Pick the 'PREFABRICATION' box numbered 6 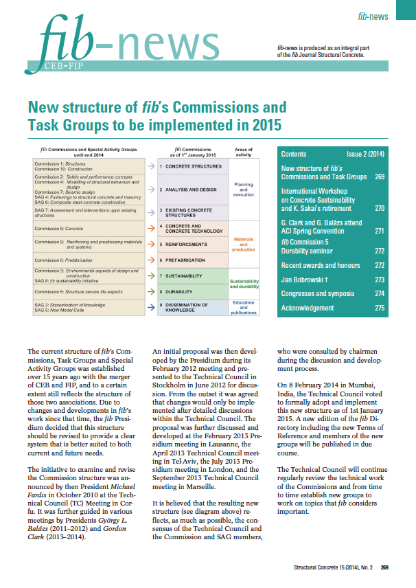tap(187, 260)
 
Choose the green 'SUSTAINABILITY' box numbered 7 tap(185, 275)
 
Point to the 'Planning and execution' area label tap(244, 189)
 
